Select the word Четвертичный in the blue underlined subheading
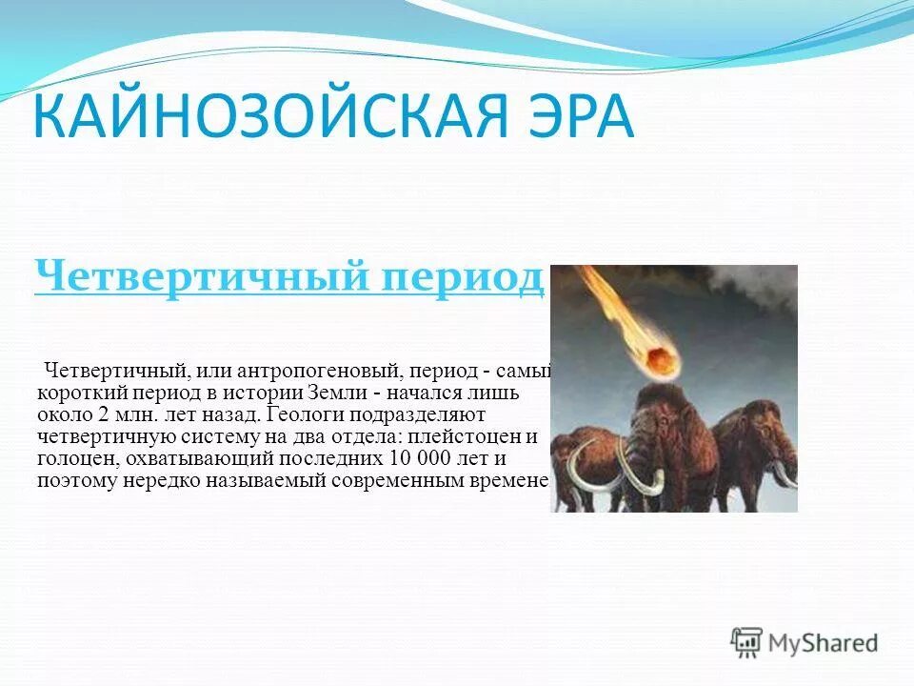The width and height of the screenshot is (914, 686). click(x=195, y=277)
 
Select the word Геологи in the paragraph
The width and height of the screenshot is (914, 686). click(x=306, y=414)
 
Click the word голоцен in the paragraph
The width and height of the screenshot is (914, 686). click(x=71, y=459)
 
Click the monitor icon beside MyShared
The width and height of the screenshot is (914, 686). click(x=747, y=641)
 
